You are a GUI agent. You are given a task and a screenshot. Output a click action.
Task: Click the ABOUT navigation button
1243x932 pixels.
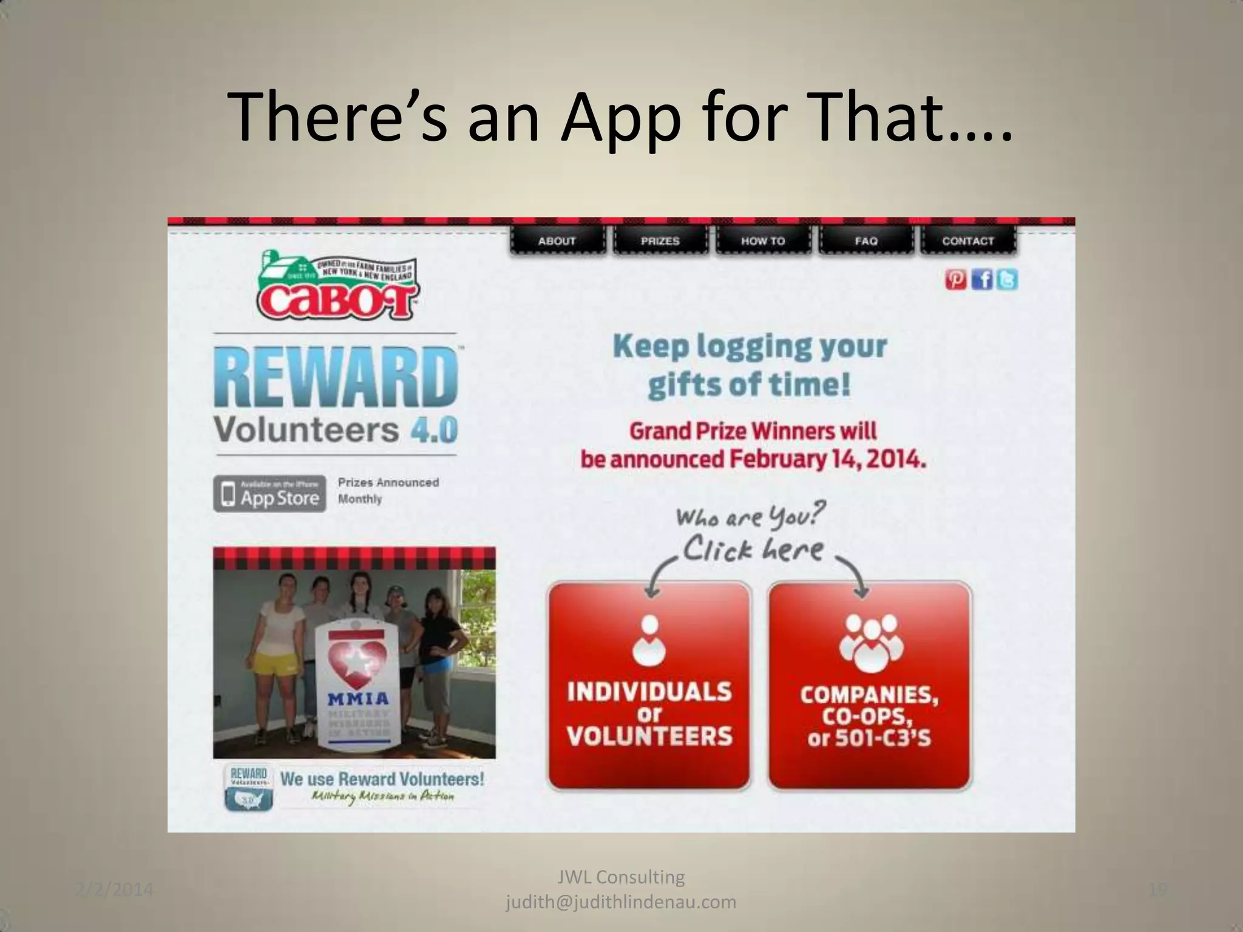[x=557, y=241]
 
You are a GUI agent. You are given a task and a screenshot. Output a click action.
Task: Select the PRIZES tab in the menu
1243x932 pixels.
[x=660, y=241]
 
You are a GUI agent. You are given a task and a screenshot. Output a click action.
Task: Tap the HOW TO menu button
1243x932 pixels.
[x=763, y=241]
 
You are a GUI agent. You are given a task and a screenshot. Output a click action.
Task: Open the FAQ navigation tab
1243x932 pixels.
[x=866, y=241]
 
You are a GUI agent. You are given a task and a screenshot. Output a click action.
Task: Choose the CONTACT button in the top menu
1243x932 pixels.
[x=968, y=241]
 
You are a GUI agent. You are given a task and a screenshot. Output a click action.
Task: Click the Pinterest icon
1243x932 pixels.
[x=956, y=280]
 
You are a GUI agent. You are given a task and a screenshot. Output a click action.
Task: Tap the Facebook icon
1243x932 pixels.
[x=983, y=280]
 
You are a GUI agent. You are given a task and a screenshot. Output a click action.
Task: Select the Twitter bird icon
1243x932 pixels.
[x=1008, y=280]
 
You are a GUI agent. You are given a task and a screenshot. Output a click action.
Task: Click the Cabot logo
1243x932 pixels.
[x=336, y=286]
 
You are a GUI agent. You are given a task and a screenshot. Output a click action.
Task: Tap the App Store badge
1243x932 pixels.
[x=269, y=493]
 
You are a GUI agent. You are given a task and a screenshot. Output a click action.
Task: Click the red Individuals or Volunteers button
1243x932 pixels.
[x=649, y=686]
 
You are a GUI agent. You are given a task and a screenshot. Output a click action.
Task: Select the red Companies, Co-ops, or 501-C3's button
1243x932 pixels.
[x=870, y=686]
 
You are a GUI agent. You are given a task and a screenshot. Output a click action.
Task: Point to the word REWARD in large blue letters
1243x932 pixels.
[x=336, y=377]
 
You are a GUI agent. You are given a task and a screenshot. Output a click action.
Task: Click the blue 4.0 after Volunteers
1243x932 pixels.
[x=434, y=431]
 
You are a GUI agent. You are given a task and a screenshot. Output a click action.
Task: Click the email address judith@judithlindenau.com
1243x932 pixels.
[x=621, y=902]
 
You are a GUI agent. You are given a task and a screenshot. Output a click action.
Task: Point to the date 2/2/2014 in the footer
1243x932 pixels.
[x=115, y=890]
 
